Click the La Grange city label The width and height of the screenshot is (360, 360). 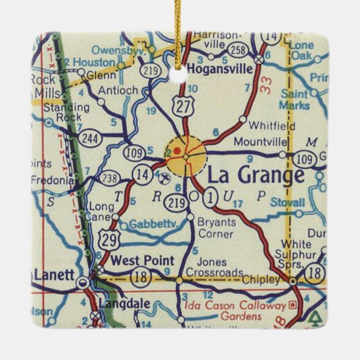(x=256, y=175)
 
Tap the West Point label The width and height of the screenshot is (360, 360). (x=143, y=260)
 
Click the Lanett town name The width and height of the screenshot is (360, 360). (x=54, y=274)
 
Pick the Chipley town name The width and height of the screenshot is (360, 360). (x=262, y=279)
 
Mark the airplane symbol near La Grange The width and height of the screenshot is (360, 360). (x=164, y=178)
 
